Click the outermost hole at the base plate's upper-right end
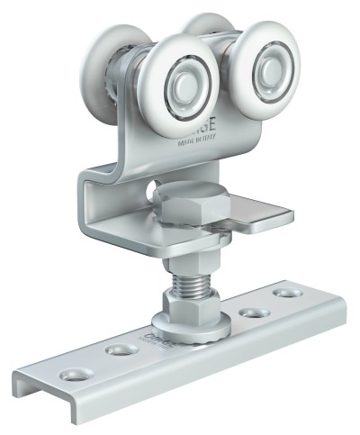click(287, 294)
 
